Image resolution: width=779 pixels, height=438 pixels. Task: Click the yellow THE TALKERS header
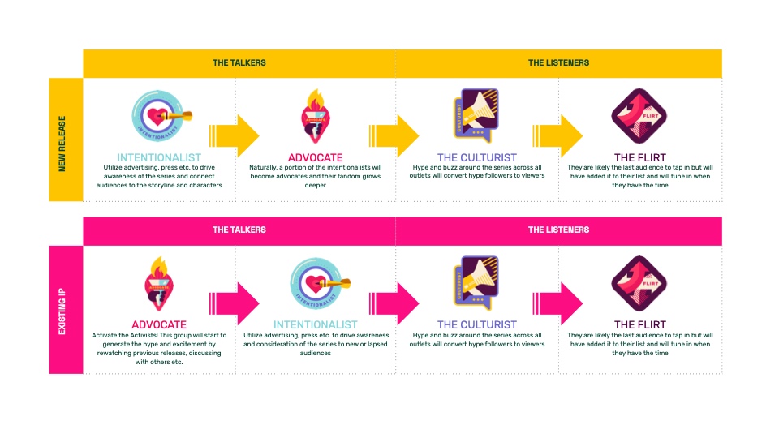point(239,62)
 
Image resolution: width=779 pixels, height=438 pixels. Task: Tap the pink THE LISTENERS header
point(558,230)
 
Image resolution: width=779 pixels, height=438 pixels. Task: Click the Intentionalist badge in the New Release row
point(159,116)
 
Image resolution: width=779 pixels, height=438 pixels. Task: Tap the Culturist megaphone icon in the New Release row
point(476,115)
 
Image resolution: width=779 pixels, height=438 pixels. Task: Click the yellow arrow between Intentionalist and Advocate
point(234,133)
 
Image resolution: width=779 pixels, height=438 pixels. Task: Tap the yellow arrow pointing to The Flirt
point(558,133)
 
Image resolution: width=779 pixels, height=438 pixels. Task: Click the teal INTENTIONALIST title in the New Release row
point(159,157)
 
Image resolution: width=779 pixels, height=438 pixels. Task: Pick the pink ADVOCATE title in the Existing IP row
point(158,324)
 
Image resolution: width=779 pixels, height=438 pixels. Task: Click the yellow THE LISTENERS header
point(558,62)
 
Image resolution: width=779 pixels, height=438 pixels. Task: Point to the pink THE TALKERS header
point(239,230)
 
